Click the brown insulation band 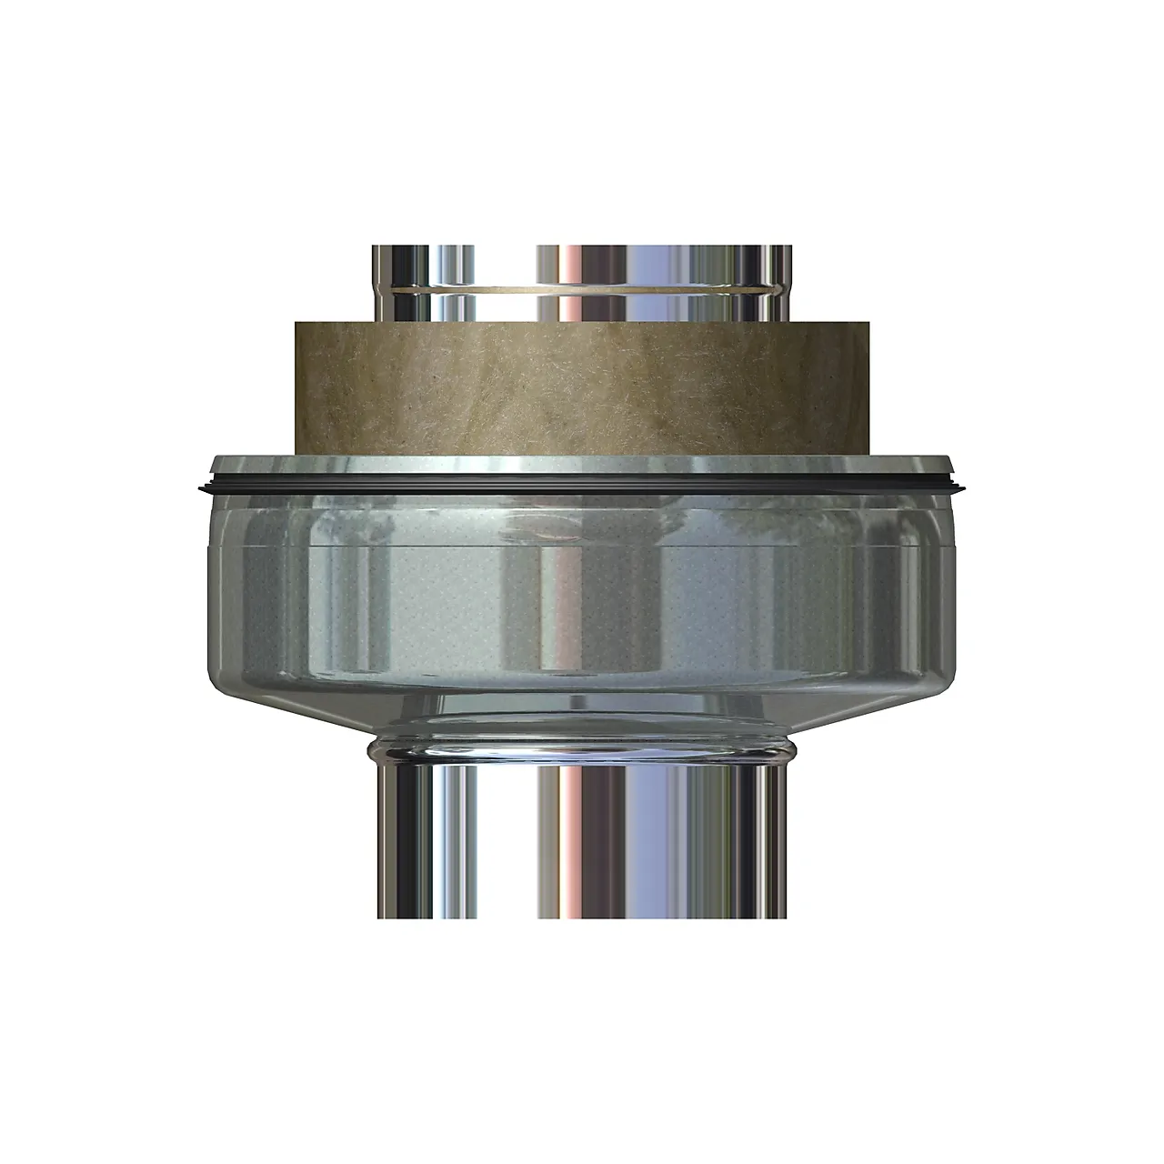tap(582, 386)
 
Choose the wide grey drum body tap(582, 600)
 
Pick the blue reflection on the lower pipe tap(677, 837)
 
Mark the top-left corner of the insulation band tap(294, 321)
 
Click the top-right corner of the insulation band tap(870, 321)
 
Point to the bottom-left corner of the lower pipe tap(374, 917)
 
